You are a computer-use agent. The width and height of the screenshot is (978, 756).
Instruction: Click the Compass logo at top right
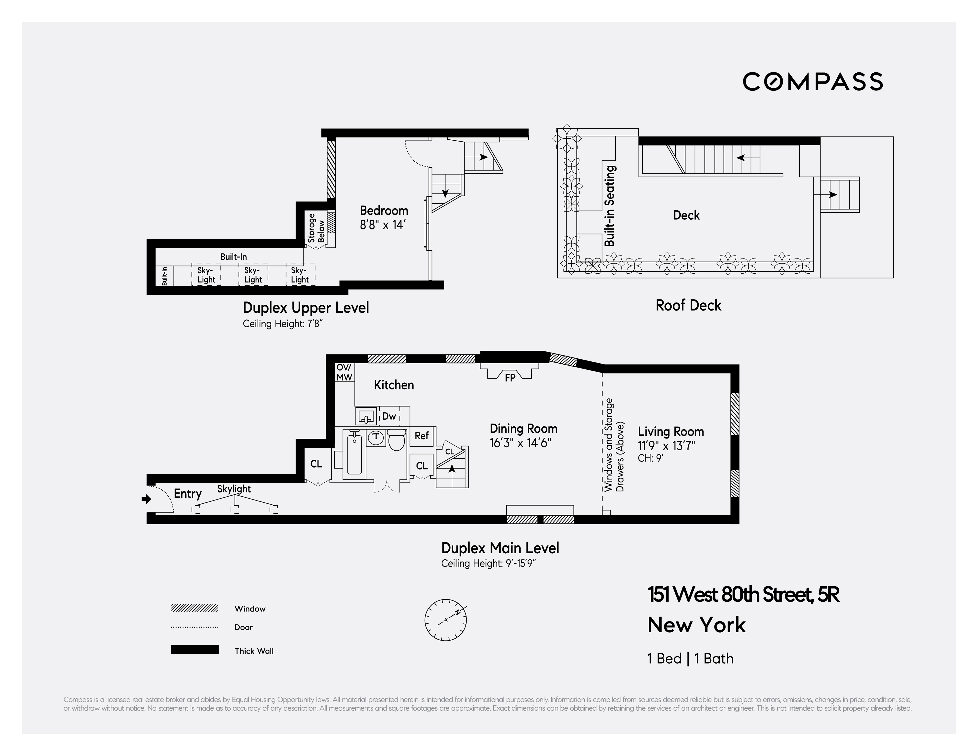click(812, 81)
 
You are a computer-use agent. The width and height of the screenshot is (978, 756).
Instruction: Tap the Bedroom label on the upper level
click(384, 210)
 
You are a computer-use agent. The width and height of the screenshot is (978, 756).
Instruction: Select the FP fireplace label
click(510, 378)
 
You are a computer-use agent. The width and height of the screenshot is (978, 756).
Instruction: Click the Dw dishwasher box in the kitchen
click(389, 416)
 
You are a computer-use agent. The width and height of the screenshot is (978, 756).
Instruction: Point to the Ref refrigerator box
click(421, 435)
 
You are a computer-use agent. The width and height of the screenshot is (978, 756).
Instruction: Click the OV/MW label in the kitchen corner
click(344, 372)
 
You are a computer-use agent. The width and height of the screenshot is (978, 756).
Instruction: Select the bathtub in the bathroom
click(354, 453)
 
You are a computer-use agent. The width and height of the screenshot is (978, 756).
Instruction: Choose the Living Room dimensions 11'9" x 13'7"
click(666, 446)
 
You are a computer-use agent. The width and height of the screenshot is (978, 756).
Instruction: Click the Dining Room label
click(523, 429)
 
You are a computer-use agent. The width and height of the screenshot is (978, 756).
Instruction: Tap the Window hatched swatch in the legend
click(194, 608)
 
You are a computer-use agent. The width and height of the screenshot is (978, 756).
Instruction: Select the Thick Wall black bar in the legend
click(194, 649)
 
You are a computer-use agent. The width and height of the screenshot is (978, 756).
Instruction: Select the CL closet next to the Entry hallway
click(316, 464)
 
